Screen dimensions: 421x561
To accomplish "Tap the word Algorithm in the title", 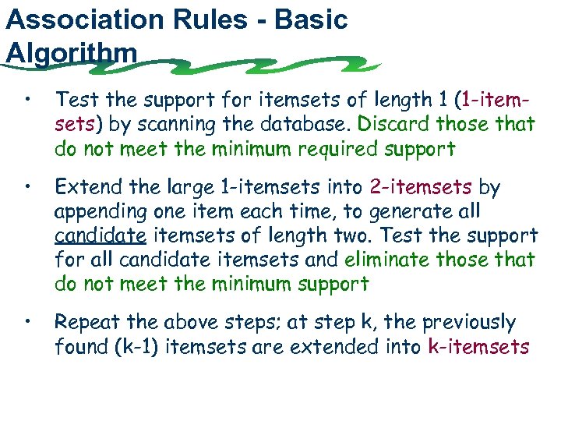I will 71,53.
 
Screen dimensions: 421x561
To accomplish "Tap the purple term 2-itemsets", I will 421,188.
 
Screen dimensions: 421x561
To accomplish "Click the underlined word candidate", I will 101,236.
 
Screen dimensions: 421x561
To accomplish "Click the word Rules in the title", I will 221,19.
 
